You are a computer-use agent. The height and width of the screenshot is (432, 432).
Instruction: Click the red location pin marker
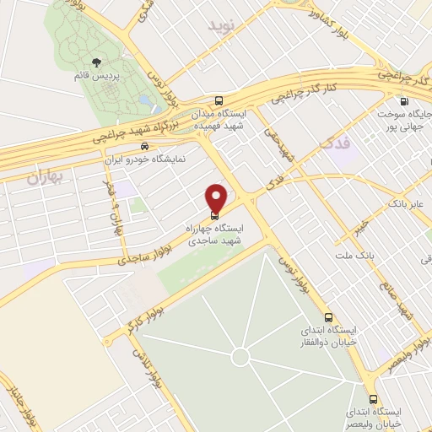pyautogui.click(x=217, y=197)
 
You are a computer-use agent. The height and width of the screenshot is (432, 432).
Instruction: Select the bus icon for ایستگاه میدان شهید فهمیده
pyautogui.click(x=219, y=99)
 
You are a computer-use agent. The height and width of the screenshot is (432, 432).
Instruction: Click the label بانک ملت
pyautogui.click(x=354, y=254)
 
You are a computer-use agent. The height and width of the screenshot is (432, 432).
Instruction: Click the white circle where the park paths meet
pyautogui.click(x=240, y=357)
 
